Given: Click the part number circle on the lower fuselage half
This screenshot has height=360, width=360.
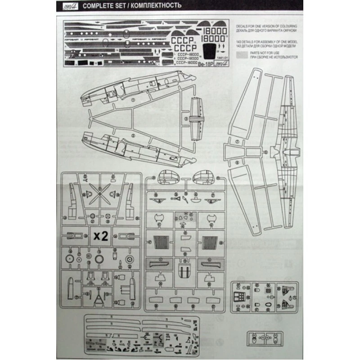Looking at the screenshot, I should (x=133, y=135).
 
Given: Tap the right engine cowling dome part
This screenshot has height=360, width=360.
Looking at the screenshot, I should (x=202, y=177).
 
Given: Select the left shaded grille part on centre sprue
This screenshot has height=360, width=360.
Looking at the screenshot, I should (x=161, y=243).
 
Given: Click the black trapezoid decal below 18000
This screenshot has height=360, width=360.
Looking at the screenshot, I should (x=207, y=54).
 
